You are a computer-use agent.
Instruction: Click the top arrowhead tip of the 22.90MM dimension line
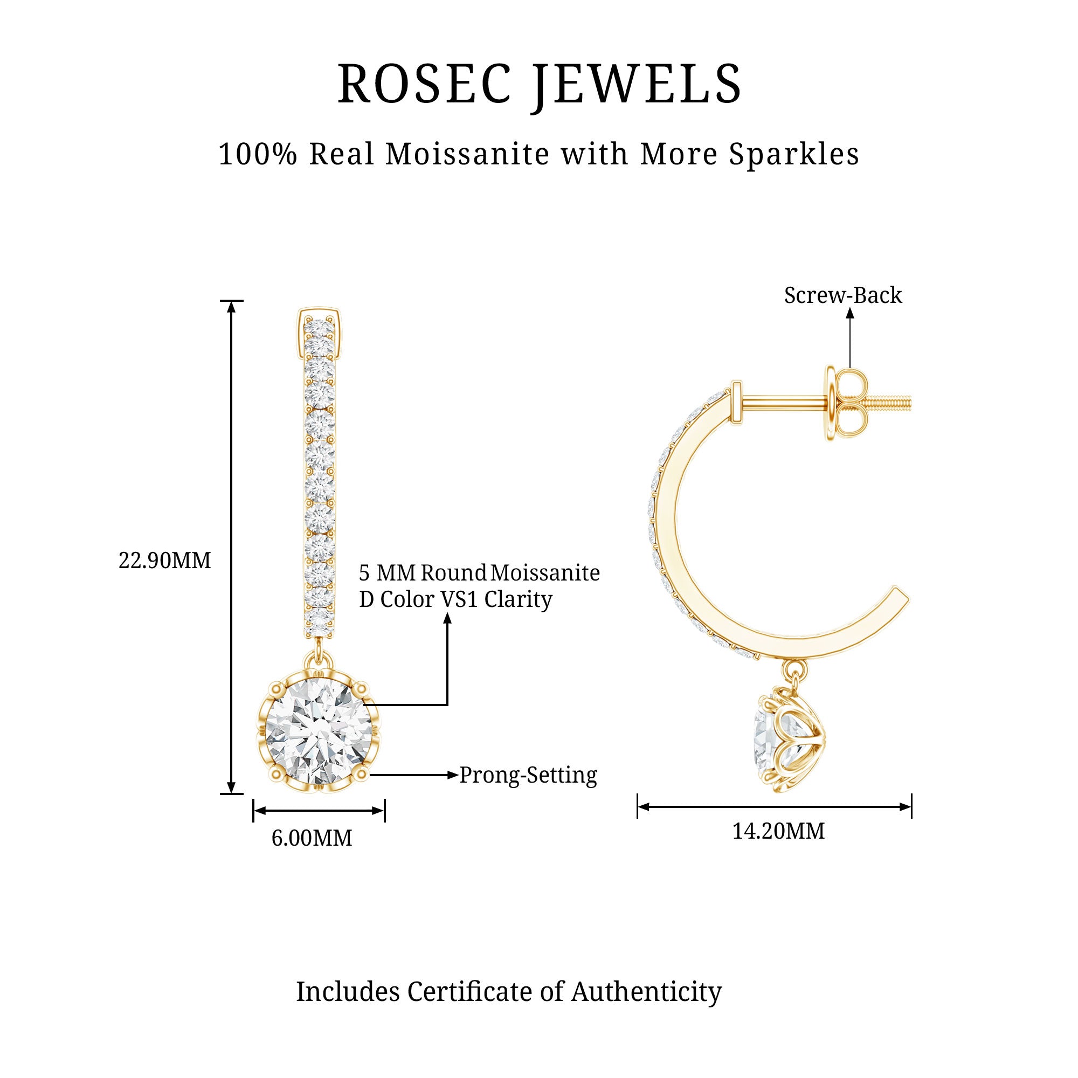pos(232,301)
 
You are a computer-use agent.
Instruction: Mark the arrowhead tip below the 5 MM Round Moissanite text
pos(447,613)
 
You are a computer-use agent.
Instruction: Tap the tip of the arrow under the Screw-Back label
pos(850,308)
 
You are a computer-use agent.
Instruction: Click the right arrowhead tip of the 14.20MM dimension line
pos(911,807)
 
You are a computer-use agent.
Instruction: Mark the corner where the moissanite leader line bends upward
pos(447,704)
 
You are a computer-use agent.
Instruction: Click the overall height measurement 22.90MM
pos(164,561)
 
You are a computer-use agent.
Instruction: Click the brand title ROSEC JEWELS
pos(540,85)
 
